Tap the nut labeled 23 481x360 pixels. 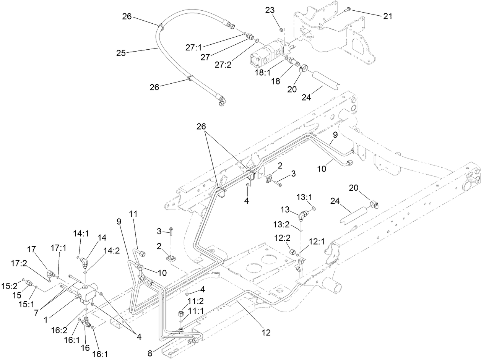coord(281,30)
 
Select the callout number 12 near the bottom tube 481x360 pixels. coord(266,332)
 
